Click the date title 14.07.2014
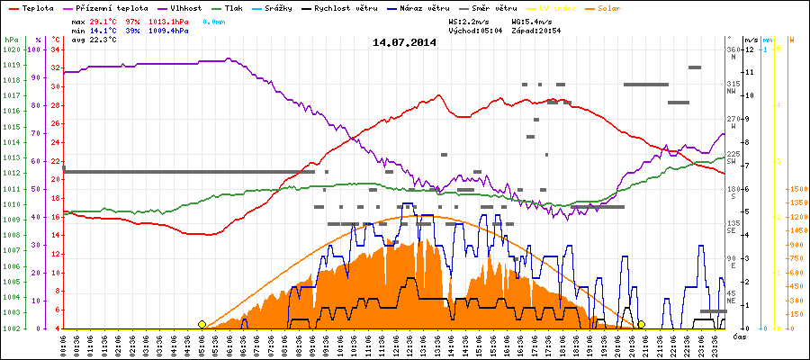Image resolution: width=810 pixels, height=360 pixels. (x=404, y=42)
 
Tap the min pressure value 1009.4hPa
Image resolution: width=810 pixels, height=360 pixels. (x=169, y=30)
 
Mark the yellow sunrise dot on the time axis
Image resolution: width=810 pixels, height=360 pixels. (x=202, y=324)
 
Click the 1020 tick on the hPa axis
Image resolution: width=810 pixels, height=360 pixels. (x=11, y=49)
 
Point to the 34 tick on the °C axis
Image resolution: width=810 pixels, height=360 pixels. (x=55, y=49)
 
